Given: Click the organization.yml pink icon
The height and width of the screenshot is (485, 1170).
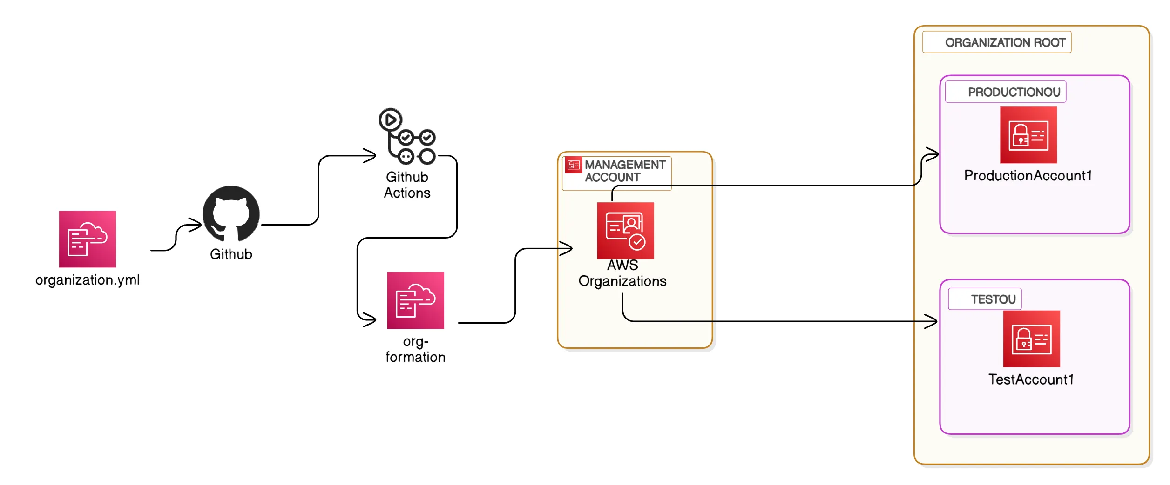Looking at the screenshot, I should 87,239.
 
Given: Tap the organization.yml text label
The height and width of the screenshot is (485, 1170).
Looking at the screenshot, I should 87,280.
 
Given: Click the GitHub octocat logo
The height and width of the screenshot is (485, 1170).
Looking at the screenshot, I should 231,214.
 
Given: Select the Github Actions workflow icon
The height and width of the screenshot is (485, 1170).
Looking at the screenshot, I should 407,137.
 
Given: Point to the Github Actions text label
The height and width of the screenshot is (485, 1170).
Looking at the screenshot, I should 407,185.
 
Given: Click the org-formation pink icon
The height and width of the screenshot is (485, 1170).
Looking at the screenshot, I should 415,300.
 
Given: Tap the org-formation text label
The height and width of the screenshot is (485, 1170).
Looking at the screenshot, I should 415,349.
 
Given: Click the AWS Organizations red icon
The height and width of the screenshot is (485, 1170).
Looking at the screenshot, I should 625,231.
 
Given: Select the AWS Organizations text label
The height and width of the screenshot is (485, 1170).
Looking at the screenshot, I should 622,273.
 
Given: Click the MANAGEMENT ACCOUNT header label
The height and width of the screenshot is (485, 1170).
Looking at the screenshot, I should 624,171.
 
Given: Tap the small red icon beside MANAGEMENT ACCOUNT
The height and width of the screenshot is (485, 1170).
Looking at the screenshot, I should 573,165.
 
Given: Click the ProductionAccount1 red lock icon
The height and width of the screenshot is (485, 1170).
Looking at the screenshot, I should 1028,135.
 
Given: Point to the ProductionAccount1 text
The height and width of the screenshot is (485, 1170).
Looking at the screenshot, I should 1028,176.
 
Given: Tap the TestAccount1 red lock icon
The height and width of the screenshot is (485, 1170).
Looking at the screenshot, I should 1031,339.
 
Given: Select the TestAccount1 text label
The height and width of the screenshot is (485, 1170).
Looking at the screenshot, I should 1031,379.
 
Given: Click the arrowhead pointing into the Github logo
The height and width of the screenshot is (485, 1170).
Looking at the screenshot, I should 196,225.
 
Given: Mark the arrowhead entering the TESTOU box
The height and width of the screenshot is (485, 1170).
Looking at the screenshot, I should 932,321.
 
